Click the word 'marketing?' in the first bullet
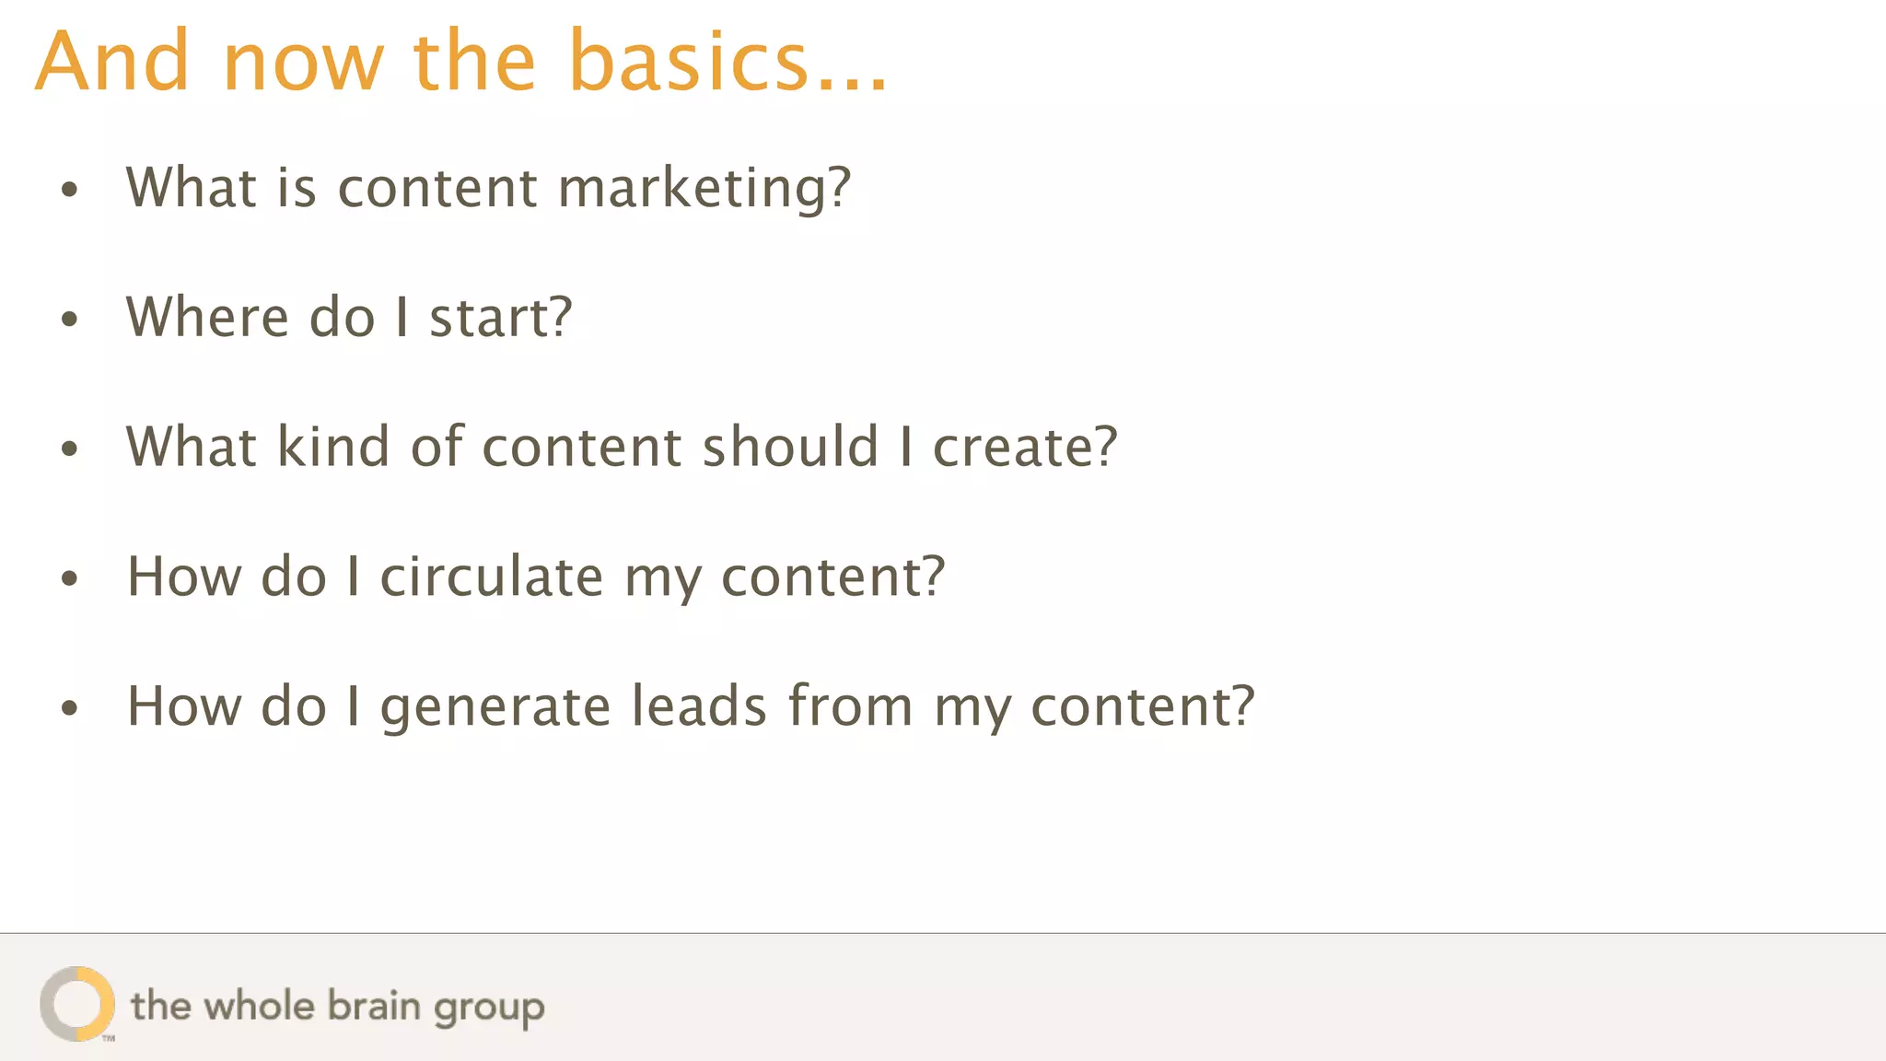[x=704, y=189]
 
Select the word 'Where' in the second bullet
[x=207, y=317]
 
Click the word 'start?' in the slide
[x=501, y=318]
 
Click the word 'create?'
[x=1025, y=448]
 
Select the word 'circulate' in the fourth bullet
[x=492, y=577]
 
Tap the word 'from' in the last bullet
[x=850, y=706]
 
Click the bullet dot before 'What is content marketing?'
[x=70, y=190]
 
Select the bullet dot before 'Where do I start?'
[x=70, y=320]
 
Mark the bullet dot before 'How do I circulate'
[x=70, y=578]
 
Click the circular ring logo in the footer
[x=77, y=1004]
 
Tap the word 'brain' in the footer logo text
[x=374, y=1006]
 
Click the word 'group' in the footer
[x=489, y=1009]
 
